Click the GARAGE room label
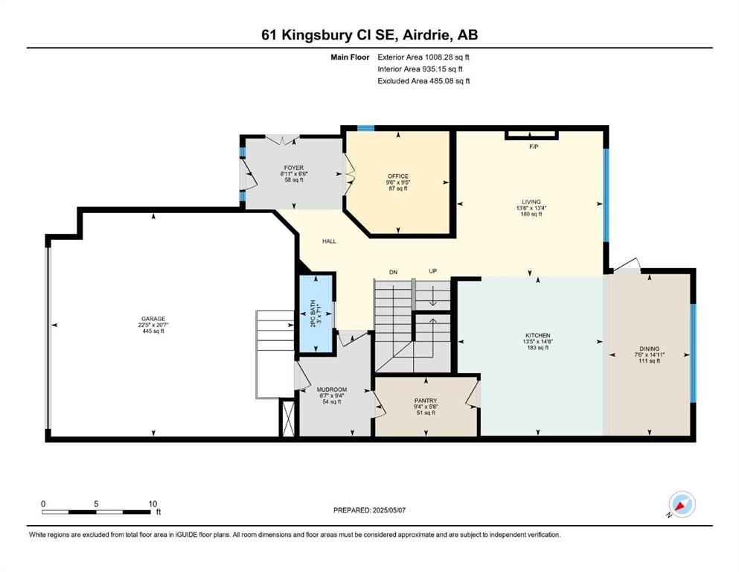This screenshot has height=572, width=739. coord(153,319)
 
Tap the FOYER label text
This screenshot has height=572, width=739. coord(294,168)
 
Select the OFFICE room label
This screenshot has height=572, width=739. coord(398,177)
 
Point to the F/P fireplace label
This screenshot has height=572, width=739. coord(534,147)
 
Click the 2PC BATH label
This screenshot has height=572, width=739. coord(313,314)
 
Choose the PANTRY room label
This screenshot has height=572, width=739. coord(426,401)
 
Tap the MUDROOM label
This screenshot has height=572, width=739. coord(332,390)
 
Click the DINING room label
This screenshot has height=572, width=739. coord(650,349)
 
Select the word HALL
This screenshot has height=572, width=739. coord(329,241)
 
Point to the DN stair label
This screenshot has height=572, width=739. coord(393,272)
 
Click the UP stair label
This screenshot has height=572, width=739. coord(432,271)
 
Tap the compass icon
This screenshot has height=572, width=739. coord(682,505)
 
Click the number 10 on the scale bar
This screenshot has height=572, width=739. coord(153,503)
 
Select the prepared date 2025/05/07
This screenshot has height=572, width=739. coord(388,510)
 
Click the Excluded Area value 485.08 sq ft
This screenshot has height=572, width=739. coord(450,80)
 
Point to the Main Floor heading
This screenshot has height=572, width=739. coord(350,57)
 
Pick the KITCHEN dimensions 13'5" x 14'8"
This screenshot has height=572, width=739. coord(538,341)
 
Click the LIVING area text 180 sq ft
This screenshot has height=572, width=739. coord(531,214)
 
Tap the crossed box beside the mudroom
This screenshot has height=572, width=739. coord(287,418)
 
